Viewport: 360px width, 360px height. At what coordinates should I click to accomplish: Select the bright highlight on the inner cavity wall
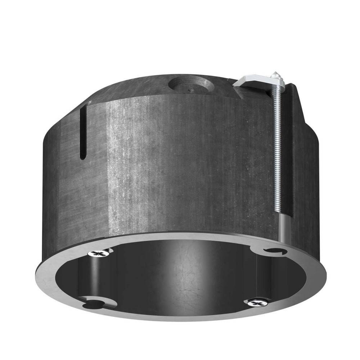(x=180, y=266)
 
